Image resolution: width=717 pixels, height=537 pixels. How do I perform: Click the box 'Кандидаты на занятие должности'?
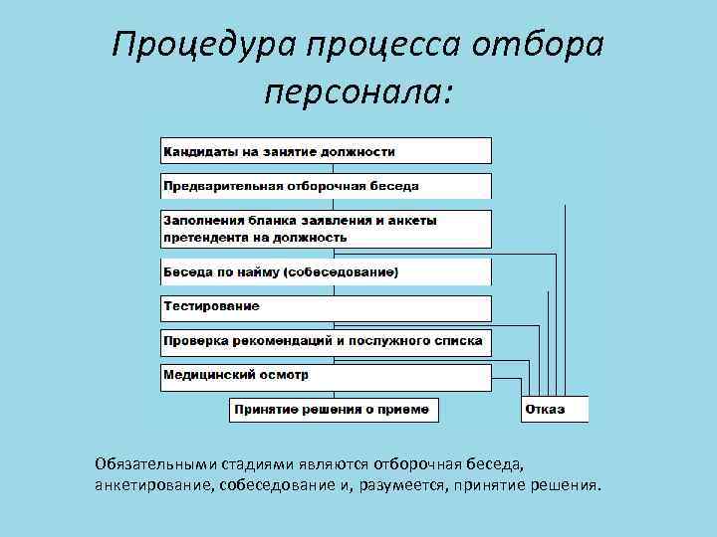pyautogui.click(x=326, y=151)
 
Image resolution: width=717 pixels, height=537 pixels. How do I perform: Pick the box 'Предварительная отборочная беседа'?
pyautogui.click(x=326, y=186)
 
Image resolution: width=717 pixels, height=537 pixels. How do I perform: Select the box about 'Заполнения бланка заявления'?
pyautogui.click(x=326, y=229)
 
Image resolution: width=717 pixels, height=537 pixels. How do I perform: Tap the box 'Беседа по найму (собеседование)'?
pyautogui.click(x=326, y=271)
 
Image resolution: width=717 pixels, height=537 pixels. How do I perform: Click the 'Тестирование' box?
pyautogui.click(x=326, y=306)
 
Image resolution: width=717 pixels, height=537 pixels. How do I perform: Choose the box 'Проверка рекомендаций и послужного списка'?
pyautogui.click(x=326, y=341)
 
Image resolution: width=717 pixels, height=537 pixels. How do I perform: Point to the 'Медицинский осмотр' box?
pyautogui.click(x=326, y=376)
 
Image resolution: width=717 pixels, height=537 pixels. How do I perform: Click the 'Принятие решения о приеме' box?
pyautogui.click(x=334, y=410)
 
